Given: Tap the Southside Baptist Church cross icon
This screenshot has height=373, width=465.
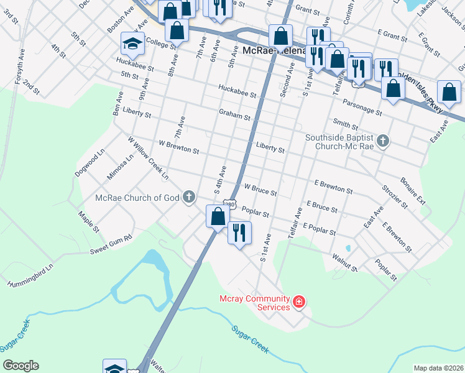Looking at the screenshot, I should coord(384,141).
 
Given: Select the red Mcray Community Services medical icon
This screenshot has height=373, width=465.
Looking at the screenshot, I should coord(299,302).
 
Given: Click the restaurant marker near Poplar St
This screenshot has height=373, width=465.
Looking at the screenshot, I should coord(239,233).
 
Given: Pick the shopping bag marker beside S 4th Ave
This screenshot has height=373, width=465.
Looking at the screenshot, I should coord(218,217).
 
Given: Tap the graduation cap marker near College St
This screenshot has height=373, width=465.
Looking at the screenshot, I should coord(132,44).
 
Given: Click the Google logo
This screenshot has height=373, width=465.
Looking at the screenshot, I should coord(21,366).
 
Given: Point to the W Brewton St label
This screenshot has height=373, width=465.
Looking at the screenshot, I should coord(178,150).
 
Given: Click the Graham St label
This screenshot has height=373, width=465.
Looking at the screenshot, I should coord(234,115).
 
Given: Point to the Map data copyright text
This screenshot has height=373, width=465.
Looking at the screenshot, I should coord(438,368).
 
